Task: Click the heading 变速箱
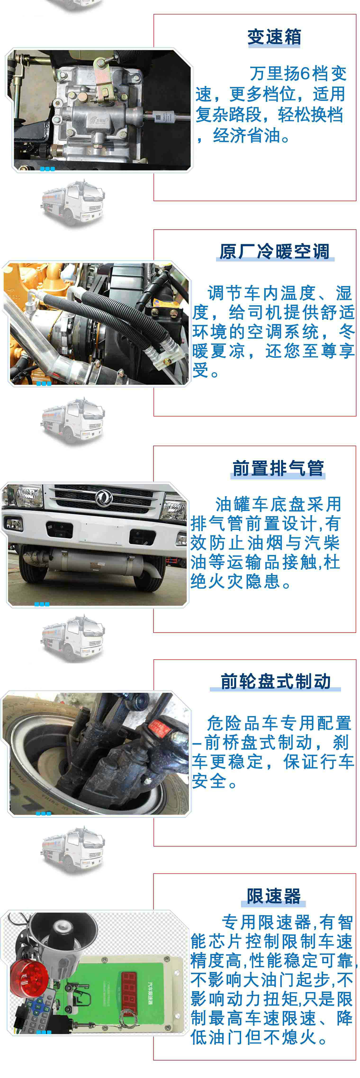coord(274,37)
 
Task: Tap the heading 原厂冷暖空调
coord(274,252)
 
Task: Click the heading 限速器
coord(274,896)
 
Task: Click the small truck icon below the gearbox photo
coord(73,203)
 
